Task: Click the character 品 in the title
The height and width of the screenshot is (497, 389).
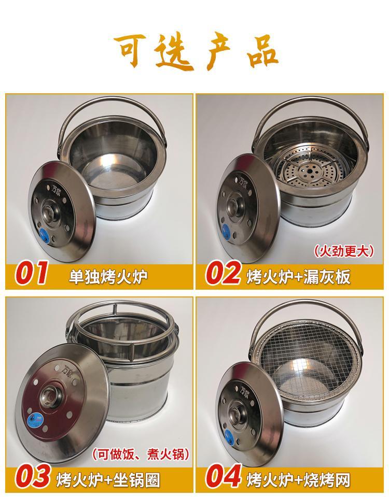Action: [258, 52]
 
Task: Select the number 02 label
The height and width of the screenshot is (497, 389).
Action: [223, 273]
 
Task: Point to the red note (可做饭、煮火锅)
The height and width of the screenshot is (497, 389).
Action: [141, 455]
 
